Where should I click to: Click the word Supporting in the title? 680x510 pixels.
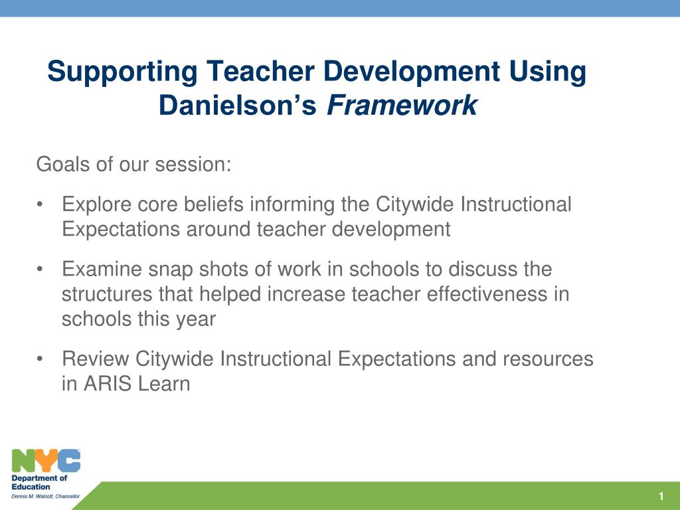[x=122, y=72]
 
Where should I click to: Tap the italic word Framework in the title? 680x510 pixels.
[x=402, y=106]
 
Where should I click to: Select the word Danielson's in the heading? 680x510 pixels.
[x=238, y=106]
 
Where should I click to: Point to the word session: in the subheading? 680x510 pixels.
[x=193, y=165]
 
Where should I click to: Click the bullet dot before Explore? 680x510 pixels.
[x=40, y=205]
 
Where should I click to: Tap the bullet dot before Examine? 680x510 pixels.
[x=40, y=270]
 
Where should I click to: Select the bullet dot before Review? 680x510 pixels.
[x=40, y=359]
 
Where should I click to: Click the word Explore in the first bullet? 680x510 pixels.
[x=96, y=205]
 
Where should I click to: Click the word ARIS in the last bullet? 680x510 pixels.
[x=110, y=384]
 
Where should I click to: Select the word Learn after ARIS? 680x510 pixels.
[x=166, y=384]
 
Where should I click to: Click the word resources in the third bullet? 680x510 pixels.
[x=548, y=359]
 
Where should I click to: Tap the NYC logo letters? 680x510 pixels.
[x=46, y=461]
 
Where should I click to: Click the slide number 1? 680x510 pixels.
[x=661, y=496]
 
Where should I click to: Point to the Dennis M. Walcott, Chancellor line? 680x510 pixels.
[x=46, y=496]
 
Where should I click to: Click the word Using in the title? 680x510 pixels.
[x=547, y=72]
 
